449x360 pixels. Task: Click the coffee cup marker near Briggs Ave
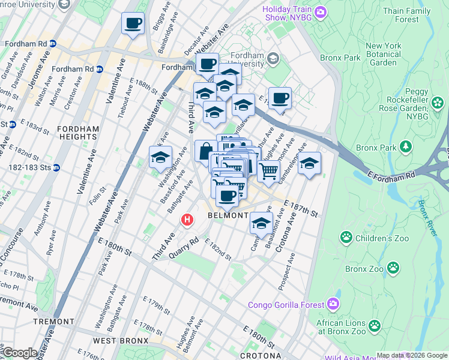tap(133, 25)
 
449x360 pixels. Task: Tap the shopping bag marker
tap(206, 152)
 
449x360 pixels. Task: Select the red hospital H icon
tap(187, 220)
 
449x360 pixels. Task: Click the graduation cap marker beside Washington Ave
tap(160, 158)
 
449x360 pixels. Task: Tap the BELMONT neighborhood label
tap(228, 215)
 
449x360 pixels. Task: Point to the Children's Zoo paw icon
tap(346, 238)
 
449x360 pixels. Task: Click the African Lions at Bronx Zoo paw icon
tap(375, 326)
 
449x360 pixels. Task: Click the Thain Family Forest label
tap(407, 15)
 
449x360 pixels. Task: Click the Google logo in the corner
tap(20, 352)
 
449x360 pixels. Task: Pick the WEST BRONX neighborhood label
tap(121, 341)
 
